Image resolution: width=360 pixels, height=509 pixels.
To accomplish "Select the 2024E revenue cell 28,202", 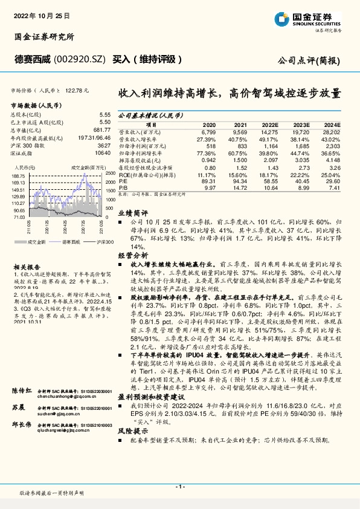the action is point(331,130).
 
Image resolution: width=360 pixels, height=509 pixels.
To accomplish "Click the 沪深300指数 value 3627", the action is point(103,146).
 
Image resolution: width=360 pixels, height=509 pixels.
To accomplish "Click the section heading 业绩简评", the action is point(132,213).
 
